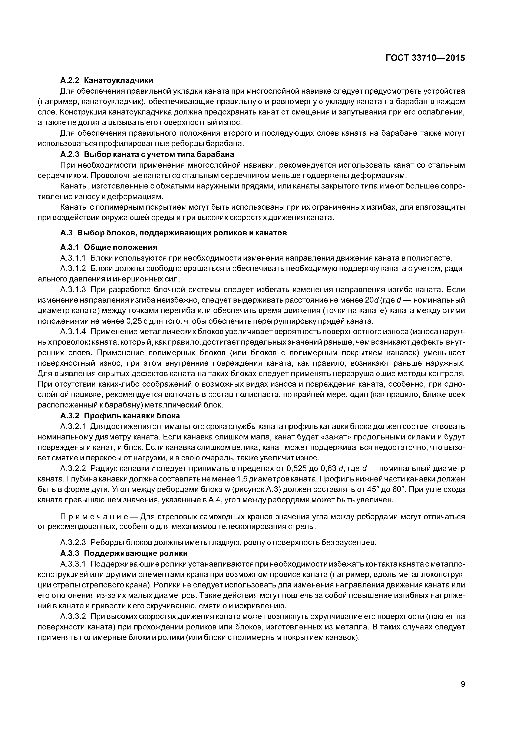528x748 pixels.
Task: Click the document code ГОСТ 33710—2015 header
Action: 425,58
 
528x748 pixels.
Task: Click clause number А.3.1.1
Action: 73,258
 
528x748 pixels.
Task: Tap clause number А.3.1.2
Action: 73,268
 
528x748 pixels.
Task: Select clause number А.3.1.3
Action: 73,290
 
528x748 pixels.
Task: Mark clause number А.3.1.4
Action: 73,332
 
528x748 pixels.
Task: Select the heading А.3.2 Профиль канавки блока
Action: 120,416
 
